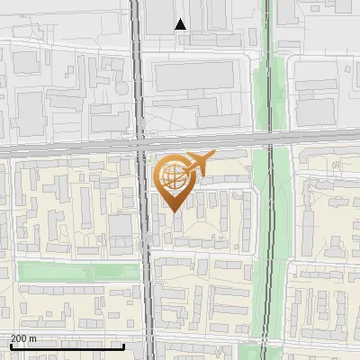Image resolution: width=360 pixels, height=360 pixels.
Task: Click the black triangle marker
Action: pyautogui.click(x=181, y=24)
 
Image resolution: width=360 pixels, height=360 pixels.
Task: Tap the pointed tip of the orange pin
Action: pyautogui.click(x=172, y=211)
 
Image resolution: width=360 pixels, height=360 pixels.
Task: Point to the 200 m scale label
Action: pyautogui.click(x=23, y=338)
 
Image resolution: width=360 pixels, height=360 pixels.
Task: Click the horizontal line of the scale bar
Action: pyautogui.click(x=67, y=346)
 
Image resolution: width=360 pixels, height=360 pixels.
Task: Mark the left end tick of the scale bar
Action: pyautogui.click(x=10, y=346)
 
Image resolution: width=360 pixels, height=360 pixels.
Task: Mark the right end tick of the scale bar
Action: pyautogui.click(x=123, y=346)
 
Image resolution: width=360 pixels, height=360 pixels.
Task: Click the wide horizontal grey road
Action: pyautogui.click(x=72, y=148)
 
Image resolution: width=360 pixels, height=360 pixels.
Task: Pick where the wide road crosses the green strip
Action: pyautogui.click(x=266, y=140)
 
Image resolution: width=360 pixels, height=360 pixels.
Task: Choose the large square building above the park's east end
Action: pyautogui.click(x=121, y=232)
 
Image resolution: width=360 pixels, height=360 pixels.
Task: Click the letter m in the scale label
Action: pyautogui.click(x=32, y=338)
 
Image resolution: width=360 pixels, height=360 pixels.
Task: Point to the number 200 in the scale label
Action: pyautogui.click(x=19, y=338)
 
